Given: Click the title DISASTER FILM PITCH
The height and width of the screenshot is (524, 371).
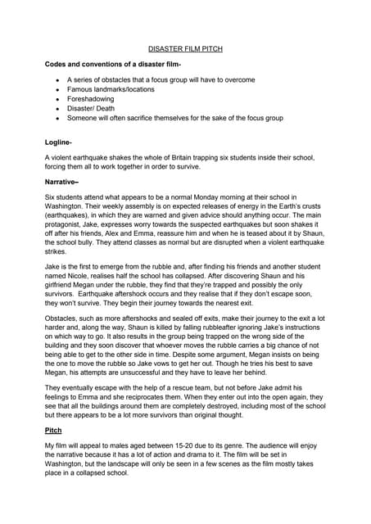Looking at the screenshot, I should [184, 49].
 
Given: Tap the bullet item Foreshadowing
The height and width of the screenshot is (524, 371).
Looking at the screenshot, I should [92, 99].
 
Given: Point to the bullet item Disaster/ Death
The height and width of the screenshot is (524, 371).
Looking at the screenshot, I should [93, 109].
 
